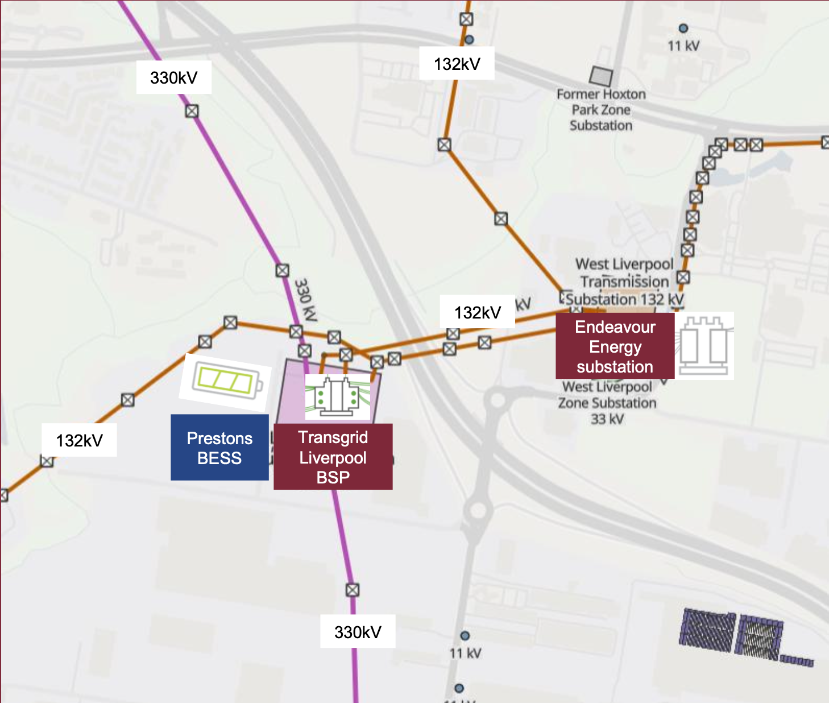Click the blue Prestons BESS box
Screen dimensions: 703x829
[219, 448]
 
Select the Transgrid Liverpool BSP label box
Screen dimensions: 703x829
[333, 457]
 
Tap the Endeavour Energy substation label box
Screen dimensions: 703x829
[615, 346]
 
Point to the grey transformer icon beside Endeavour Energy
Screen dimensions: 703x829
[704, 346]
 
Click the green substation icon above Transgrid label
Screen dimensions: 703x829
[338, 396]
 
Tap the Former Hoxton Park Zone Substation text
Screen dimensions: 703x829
[601, 110]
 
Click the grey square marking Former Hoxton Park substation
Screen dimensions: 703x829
[601, 76]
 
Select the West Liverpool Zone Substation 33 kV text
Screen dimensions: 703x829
[607, 403]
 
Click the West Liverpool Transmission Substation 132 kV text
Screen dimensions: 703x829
[624, 282]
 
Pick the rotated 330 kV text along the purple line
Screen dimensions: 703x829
[305, 300]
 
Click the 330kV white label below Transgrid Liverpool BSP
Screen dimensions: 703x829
[358, 631]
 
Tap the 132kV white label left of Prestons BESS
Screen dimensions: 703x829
[79, 440]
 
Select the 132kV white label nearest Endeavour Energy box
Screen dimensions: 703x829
[478, 312]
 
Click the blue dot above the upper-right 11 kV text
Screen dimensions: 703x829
[683, 28]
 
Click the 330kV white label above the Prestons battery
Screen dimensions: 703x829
[174, 77]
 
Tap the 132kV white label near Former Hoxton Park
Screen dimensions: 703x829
[457, 64]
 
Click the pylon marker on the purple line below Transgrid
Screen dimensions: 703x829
[353, 590]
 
